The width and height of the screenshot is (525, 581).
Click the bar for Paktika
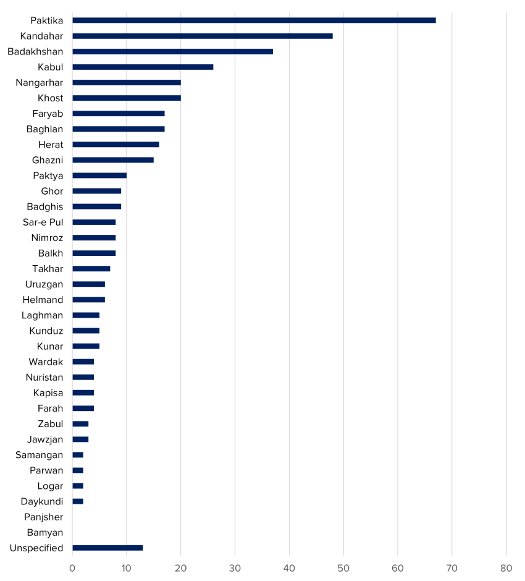pos(254,20)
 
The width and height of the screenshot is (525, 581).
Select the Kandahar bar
pos(203,36)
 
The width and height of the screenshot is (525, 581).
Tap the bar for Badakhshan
pos(172,51)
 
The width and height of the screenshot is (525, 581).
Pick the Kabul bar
pos(143,67)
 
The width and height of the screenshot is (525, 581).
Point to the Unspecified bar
pos(107,548)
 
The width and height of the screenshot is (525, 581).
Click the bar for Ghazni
pos(113,160)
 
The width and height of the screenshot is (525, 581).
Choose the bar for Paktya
pos(99,176)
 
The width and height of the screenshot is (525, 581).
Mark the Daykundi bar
pos(78,501)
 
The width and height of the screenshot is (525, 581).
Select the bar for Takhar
pos(91,269)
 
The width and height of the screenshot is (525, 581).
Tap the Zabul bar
pos(80,424)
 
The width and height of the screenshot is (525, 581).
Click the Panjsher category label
pos(44,517)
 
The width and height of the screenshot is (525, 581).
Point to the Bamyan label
pos(45,533)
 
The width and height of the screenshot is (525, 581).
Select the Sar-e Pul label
pos(43,222)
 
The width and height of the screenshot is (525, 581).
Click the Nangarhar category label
pos(40,83)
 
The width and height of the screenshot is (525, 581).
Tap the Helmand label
pos(43,300)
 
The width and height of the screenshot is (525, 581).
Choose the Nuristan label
pos(44,377)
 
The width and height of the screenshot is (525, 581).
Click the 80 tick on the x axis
pos(506,569)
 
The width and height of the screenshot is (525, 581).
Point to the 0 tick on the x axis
pos(72,569)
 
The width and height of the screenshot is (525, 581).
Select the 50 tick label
pos(343,569)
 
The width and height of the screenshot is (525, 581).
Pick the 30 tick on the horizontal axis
pos(235,569)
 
